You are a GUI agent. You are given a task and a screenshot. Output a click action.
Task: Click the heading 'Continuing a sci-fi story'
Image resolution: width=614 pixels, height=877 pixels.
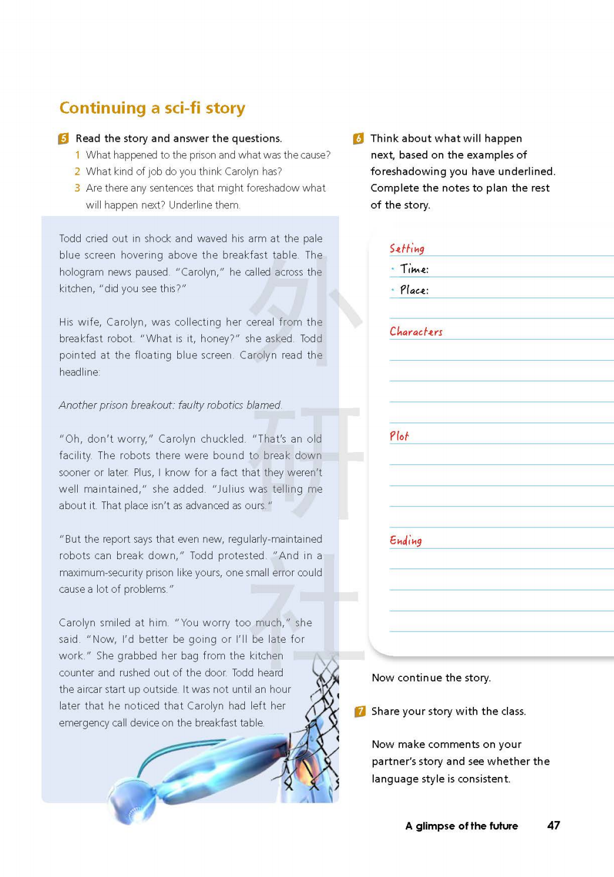pos(152,108)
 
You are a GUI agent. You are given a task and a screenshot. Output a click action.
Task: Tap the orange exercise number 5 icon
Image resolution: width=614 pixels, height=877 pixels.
pos(64,139)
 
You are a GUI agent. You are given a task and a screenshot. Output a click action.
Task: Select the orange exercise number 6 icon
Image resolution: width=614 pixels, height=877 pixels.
pos(358,139)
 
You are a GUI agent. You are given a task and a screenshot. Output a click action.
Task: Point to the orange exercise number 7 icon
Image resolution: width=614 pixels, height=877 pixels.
pos(360,712)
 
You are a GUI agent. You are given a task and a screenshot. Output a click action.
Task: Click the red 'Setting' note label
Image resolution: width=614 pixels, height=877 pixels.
pos(407,248)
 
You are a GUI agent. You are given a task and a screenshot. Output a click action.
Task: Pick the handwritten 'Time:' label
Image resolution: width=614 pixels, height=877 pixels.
pos(414,270)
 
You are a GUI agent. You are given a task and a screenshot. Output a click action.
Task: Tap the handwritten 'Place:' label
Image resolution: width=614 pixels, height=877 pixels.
pos(414,290)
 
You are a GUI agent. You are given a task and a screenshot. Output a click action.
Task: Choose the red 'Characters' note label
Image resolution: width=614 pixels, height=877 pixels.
pos(416,332)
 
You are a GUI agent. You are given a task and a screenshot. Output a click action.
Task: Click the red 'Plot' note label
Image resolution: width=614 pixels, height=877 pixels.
pos(399,436)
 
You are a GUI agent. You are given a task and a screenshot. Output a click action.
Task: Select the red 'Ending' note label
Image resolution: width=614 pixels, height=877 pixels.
pos(406,540)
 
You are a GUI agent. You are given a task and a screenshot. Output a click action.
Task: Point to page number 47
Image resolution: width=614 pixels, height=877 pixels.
pos(553,825)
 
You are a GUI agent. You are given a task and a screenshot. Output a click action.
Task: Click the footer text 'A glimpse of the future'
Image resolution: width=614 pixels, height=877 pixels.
pos(462,826)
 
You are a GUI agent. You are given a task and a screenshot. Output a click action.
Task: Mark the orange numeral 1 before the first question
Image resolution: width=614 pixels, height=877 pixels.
pos(77,155)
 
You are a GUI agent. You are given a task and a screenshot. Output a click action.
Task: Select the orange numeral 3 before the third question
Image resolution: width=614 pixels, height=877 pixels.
pos(77,188)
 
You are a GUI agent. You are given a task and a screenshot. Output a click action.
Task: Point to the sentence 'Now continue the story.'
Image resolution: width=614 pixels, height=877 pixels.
pos(431,678)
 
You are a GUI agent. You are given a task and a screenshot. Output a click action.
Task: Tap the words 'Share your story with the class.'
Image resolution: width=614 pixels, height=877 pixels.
pos(449,712)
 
